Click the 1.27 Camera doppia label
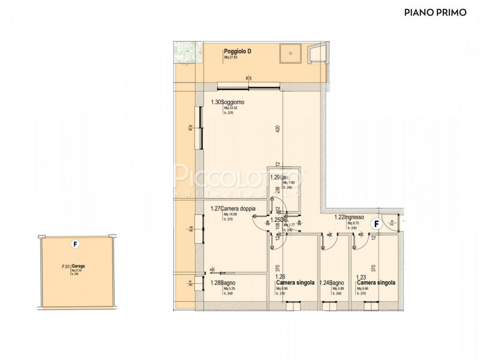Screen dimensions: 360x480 click(233, 209)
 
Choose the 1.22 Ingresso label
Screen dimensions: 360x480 click(349, 218)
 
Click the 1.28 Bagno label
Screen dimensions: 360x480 click(222, 283)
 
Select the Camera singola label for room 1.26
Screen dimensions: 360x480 click(295, 283)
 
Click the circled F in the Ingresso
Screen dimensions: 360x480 click(376, 224)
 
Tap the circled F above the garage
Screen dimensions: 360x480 click(74, 244)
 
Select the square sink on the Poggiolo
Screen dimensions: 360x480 click(292, 53)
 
